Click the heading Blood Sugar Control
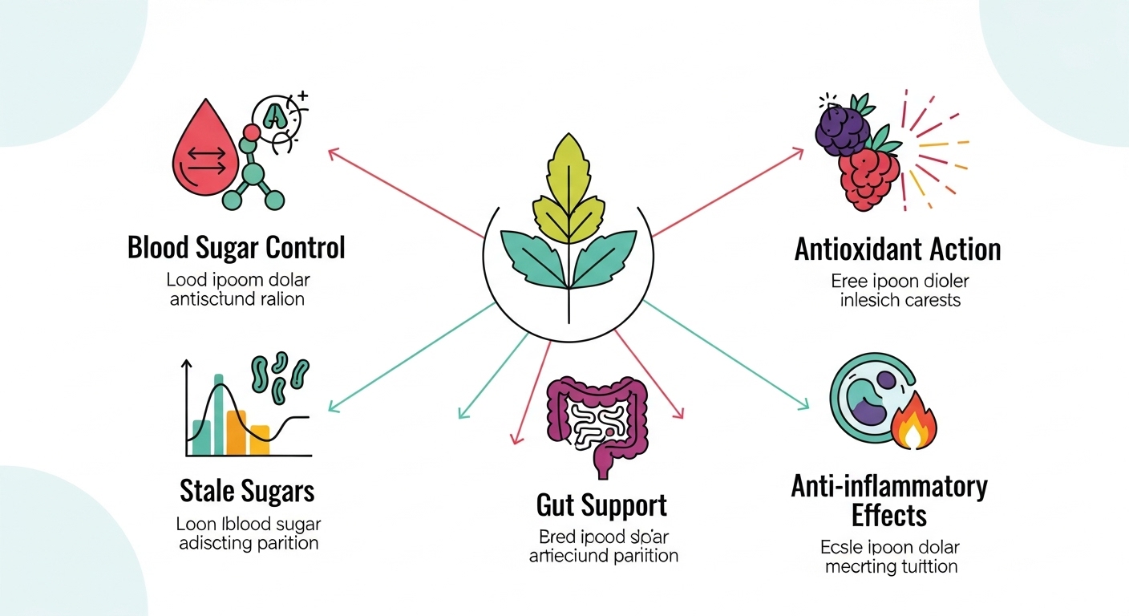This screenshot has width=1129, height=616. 237,248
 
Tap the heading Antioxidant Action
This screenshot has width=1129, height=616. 897,249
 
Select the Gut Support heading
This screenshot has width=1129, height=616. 601,505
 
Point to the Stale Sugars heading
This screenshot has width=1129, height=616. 247,490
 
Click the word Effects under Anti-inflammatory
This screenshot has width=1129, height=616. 889,515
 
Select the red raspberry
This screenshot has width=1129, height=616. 869,179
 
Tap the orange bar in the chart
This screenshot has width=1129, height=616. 236,432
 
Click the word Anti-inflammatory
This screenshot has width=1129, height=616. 889,485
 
